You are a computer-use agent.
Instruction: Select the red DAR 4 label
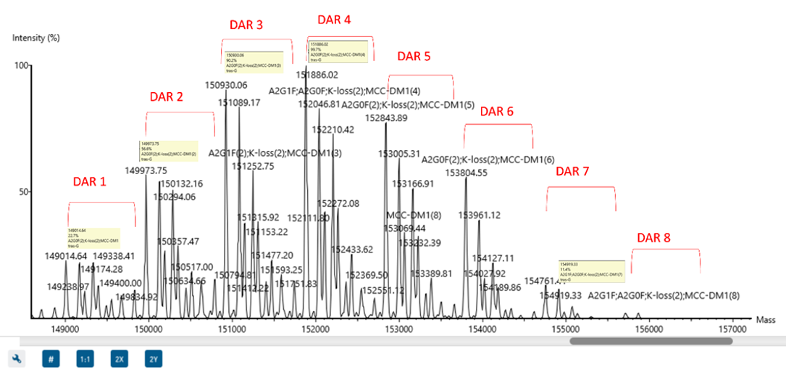tap(334, 20)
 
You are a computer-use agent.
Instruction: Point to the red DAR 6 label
tap(497, 112)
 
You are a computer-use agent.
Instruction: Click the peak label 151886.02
tap(317, 75)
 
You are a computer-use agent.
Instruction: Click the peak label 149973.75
tap(146, 170)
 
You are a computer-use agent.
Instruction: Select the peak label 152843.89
tap(386, 118)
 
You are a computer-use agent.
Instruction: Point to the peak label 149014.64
tap(66, 256)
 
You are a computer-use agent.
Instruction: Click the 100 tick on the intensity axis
tap(20, 66)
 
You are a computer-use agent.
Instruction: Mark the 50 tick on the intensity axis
tap(22, 192)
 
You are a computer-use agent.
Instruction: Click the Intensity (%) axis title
tap(36, 36)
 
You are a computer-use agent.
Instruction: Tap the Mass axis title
tap(765, 319)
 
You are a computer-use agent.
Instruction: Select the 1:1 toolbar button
tap(85, 358)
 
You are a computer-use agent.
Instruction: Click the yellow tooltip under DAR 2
tap(169, 149)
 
